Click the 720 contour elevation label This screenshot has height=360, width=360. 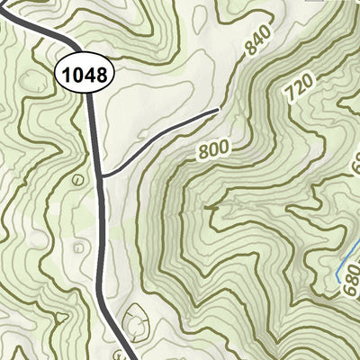click(301, 87)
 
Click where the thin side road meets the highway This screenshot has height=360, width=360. click(103, 175)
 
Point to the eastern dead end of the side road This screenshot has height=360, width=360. click(219, 110)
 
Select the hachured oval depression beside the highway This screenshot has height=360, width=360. click(136, 317)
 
